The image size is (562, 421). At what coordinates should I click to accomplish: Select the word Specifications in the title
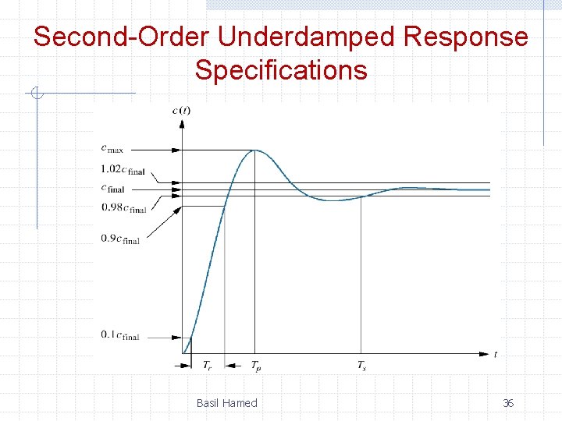coord(281,70)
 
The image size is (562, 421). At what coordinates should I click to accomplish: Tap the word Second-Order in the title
coord(123,37)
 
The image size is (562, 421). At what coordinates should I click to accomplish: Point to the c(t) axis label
coord(181,110)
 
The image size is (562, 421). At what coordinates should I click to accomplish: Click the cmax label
coord(112,148)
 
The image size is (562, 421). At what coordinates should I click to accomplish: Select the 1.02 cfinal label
coord(123,171)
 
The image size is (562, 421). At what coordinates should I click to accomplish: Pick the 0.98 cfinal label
coord(123,208)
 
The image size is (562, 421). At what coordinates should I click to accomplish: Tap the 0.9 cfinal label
coord(119,239)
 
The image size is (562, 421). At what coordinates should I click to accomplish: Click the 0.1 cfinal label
coord(119,335)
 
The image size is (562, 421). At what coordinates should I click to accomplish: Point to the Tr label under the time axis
coord(208,365)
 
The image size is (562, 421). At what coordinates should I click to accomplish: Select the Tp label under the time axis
coord(256,365)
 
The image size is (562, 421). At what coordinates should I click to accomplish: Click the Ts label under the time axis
coord(361,365)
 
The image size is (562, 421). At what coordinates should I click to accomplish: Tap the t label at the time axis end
coord(496,354)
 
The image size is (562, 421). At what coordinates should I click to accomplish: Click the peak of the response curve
coord(254,150)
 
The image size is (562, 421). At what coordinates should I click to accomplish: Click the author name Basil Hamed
coord(226,403)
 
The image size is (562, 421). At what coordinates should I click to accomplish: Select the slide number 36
coord(507,403)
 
